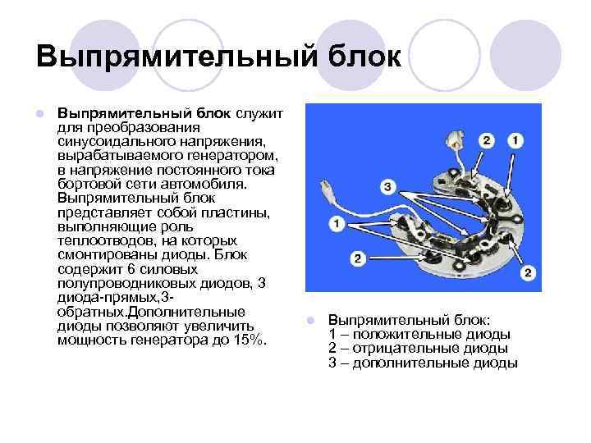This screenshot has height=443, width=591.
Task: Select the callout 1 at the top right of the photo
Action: coord(515,141)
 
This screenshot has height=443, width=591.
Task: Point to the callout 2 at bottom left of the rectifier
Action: coord(357,259)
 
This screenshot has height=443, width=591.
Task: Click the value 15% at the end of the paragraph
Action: coord(247,339)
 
